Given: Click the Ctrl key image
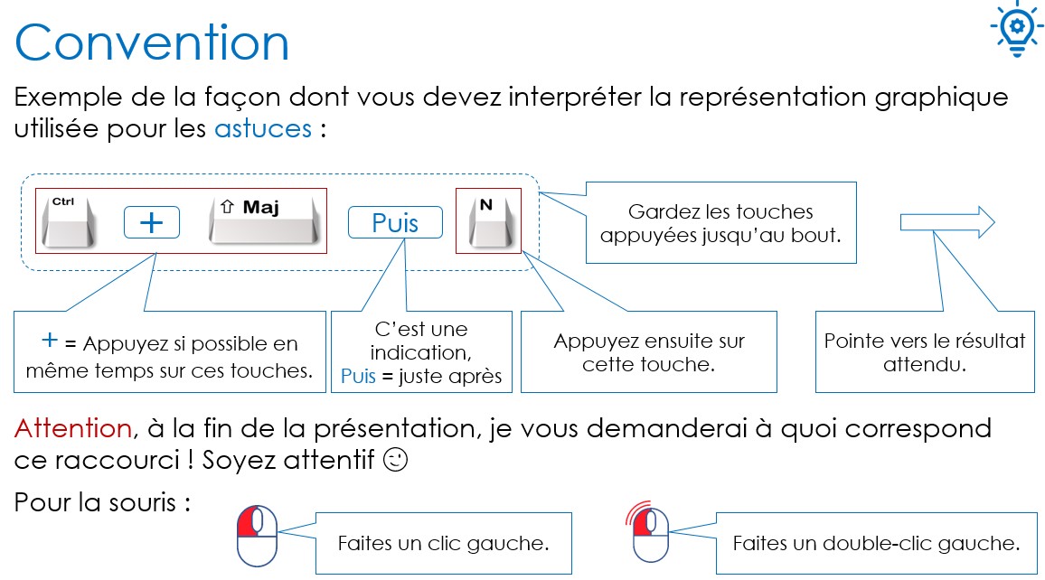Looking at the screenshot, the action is pos(68,221).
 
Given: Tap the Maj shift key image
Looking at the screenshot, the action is pos(265,220).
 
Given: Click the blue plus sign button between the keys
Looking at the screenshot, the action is pos(152,222).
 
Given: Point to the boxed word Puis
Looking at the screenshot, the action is pos(395,222).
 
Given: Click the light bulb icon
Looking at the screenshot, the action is pos(1016,30).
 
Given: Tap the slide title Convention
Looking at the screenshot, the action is pos(152,42).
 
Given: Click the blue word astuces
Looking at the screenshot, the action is pos(262,128).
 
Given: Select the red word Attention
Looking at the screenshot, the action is pos(73,428).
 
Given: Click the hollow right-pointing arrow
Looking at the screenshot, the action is pos(947,221).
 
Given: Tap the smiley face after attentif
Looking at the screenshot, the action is pos(395,460).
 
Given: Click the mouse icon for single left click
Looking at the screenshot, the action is pos(258,536).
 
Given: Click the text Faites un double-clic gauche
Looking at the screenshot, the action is pos(876,543).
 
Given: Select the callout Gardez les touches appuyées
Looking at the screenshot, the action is pos(721,222).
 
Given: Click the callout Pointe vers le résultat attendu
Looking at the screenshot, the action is pos(925,351).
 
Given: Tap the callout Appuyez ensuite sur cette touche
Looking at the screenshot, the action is pos(648,351).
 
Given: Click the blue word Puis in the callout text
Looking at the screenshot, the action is pos(359,376).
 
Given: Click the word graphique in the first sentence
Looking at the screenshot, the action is pos(941,98).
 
